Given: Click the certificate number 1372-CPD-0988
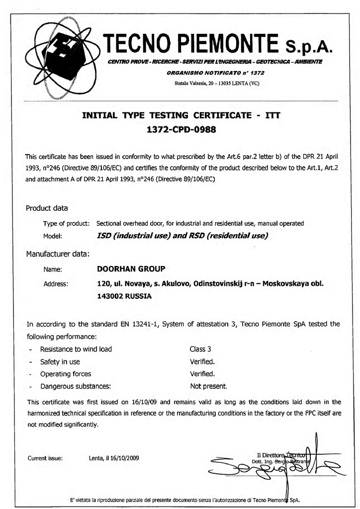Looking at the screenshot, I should point(180,131).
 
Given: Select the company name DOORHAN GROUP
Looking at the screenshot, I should point(131,269).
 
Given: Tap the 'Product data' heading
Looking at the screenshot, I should point(47,208).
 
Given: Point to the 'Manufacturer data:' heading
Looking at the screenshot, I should point(57,254).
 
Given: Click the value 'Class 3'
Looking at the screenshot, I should point(200,349).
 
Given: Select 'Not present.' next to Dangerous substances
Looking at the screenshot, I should point(208,386).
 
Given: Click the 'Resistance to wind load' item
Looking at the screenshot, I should point(76,349).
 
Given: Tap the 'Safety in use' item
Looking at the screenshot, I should point(60,361).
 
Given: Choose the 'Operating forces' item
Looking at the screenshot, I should point(66,374).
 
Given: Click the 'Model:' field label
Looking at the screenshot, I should point(53,236).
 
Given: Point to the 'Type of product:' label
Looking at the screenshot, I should point(66,223).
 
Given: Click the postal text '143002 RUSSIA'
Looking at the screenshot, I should point(124,296).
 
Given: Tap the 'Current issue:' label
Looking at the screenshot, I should point(45,458).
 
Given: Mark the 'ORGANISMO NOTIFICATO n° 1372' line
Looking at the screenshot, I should point(215,73).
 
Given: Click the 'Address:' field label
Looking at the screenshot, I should point(56,284).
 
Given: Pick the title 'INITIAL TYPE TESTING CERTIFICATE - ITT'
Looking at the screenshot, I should point(181,115).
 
